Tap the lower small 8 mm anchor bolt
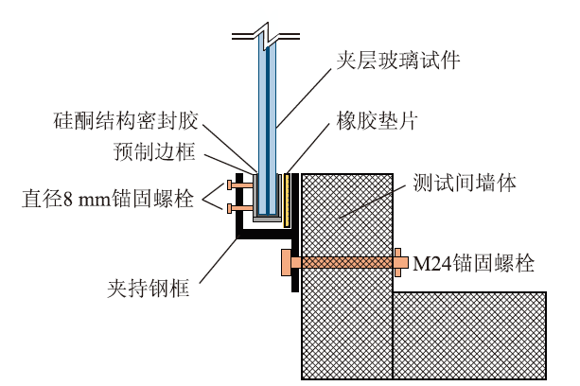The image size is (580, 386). coord(237,206)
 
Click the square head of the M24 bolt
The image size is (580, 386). coord(285,263)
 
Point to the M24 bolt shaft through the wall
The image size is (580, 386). coord(345,263)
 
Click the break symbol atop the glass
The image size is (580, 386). coord(267,37)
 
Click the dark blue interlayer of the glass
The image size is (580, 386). coord(268,123)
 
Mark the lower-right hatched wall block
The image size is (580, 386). coord(469,335)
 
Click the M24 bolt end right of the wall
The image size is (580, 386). coord(398,263)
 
